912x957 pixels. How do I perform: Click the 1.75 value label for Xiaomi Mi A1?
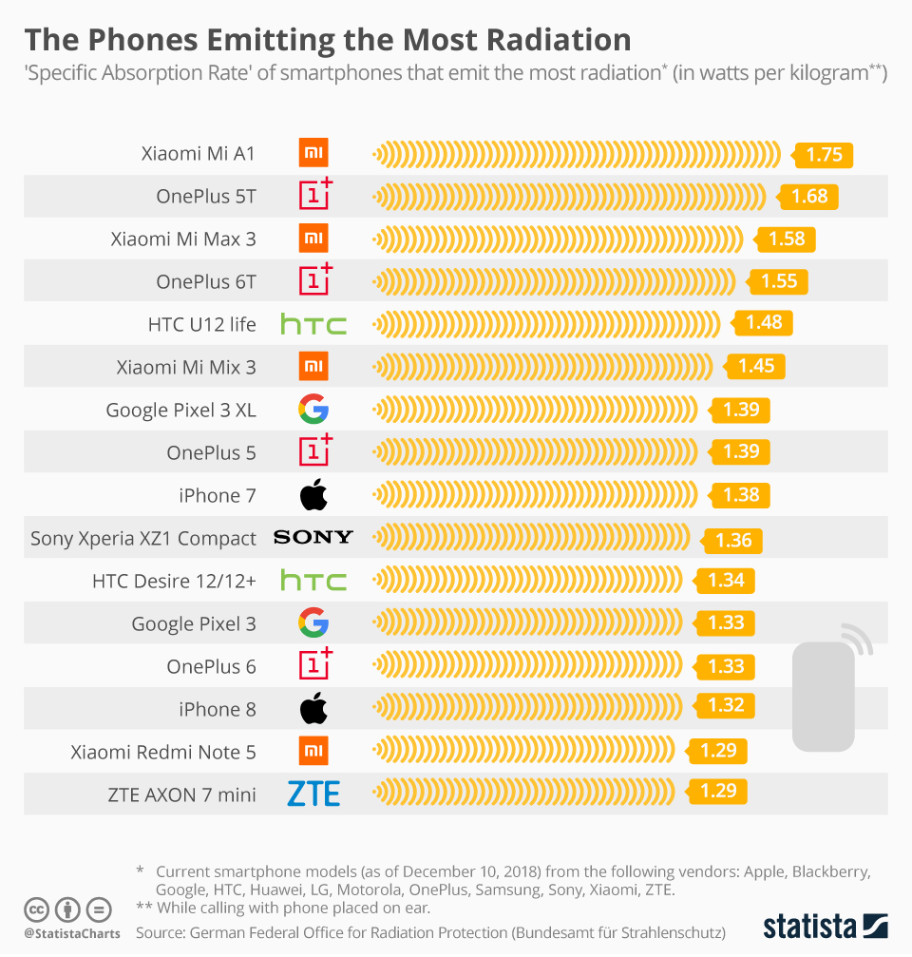[824, 155]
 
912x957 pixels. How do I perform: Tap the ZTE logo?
[313, 794]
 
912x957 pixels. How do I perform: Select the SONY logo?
[313, 538]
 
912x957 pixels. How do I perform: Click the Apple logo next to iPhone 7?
[313, 494]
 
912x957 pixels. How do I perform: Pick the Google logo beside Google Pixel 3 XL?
[313, 410]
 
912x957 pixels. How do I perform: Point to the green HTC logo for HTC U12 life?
[313, 325]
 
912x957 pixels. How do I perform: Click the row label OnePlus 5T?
[206, 197]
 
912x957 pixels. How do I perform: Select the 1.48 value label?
[763, 323]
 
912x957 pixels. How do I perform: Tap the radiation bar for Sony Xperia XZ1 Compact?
[532, 538]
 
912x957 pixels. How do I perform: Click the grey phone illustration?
[824, 694]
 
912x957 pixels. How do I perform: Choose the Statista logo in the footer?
[826, 926]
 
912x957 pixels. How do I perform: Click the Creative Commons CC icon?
[37, 909]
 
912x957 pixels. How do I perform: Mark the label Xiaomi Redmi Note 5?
[163, 752]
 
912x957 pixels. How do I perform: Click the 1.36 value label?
[732, 540]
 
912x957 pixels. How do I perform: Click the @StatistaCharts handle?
[72, 933]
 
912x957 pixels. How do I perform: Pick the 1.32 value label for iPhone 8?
[726, 706]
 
